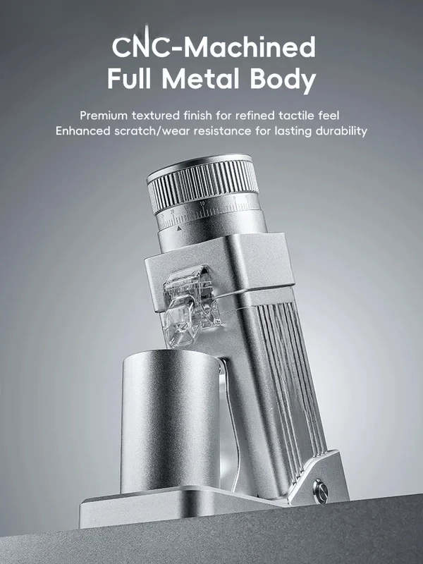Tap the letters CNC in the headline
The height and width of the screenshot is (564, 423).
[x=141, y=46]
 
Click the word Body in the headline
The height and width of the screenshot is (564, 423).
[x=283, y=80]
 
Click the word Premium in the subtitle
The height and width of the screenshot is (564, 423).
[x=104, y=116]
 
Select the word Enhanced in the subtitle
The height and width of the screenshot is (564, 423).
[x=82, y=130]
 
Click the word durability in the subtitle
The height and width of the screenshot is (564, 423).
[x=341, y=131]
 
